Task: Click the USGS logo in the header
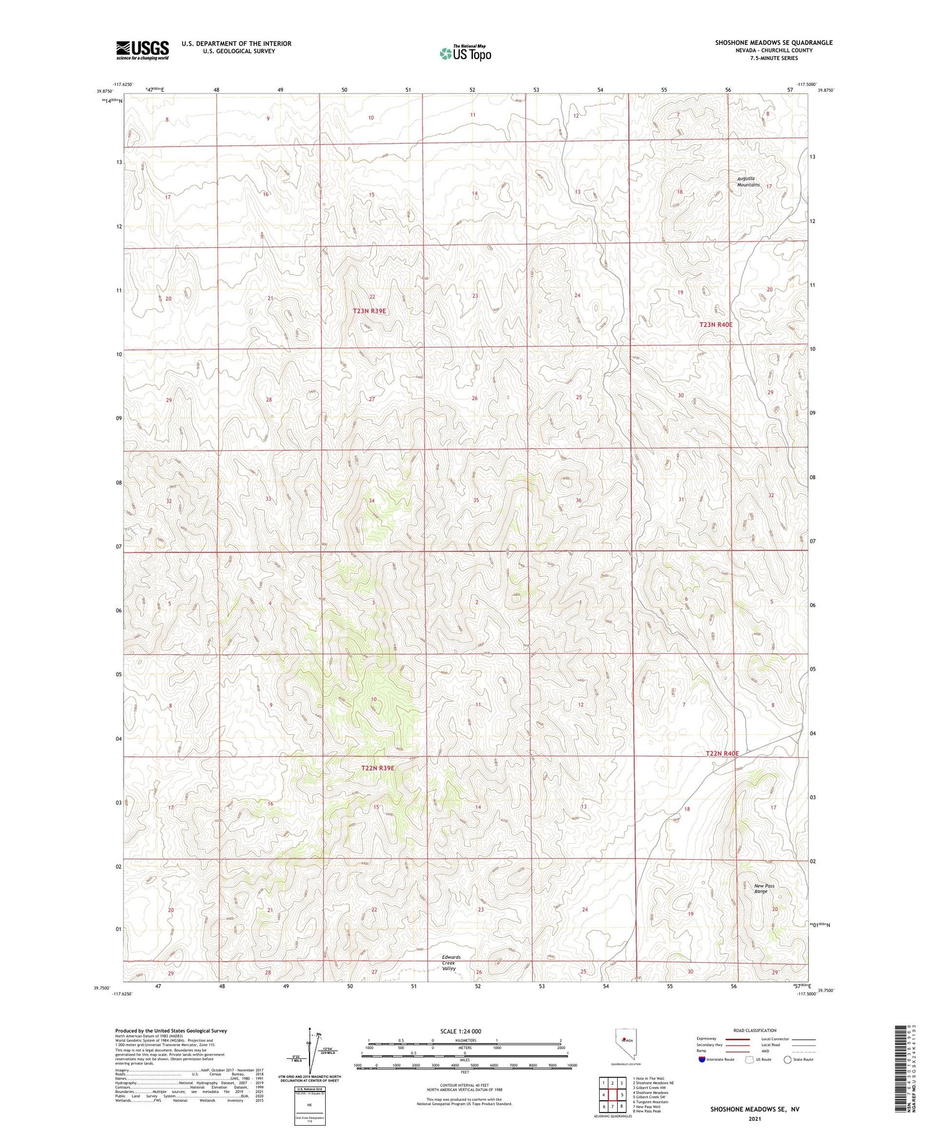coord(142,50)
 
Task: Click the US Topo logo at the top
coord(465,54)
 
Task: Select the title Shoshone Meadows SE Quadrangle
coord(773,42)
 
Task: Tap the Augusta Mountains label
coord(748,182)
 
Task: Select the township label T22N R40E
coord(722,754)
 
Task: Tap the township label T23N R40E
coord(715,325)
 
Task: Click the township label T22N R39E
coord(378,768)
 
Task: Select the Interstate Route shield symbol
coord(703,1059)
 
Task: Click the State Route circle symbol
coord(787,1059)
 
